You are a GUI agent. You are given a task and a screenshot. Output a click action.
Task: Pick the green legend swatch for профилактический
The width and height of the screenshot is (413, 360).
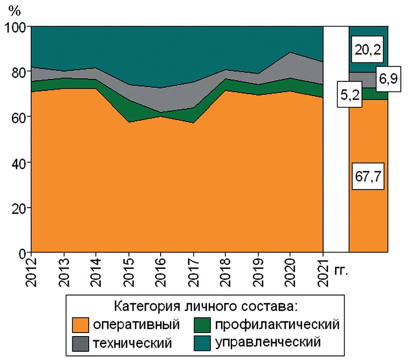(202, 325)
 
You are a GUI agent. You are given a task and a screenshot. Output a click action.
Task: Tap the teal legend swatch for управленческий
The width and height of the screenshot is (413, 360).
(202, 342)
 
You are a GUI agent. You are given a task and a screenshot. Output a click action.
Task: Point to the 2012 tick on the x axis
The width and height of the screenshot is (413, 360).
(31, 271)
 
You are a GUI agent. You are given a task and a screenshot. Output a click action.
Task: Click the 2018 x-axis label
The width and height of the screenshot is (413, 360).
(225, 271)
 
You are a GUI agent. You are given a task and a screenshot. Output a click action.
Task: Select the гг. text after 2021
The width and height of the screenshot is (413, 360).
(341, 270)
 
